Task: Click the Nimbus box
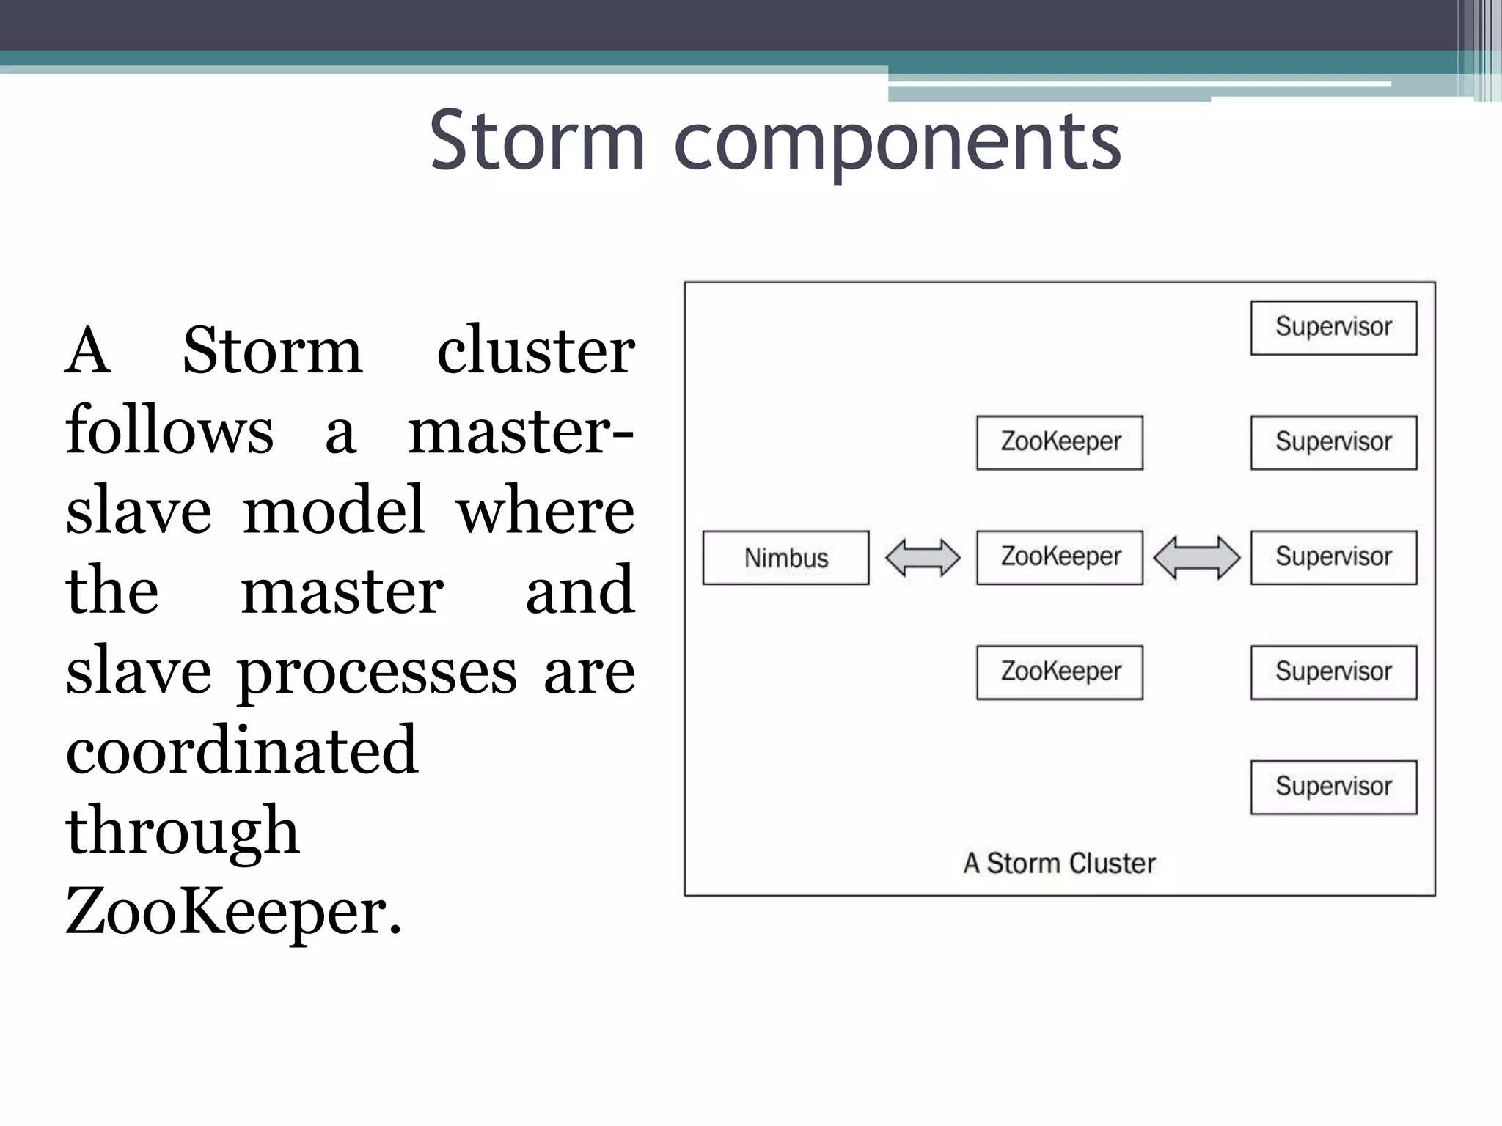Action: point(785,558)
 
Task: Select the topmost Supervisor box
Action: point(1333,328)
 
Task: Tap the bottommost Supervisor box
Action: point(1333,787)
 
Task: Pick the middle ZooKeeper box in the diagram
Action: point(1060,557)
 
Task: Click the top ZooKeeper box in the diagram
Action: point(1060,443)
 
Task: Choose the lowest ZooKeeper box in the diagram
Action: point(1060,672)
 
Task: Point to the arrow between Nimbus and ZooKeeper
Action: point(923,558)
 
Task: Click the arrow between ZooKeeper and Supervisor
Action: point(1196,557)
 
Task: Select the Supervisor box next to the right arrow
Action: point(1333,557)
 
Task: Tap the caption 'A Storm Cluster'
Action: point(1059,864)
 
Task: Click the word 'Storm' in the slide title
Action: point(537,141)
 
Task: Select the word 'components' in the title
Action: point(898,143)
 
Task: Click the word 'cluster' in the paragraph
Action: point(535,350)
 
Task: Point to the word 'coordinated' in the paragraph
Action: point(242,750)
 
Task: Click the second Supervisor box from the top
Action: point(1333,443)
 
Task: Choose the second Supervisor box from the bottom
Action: point(1333,672)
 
